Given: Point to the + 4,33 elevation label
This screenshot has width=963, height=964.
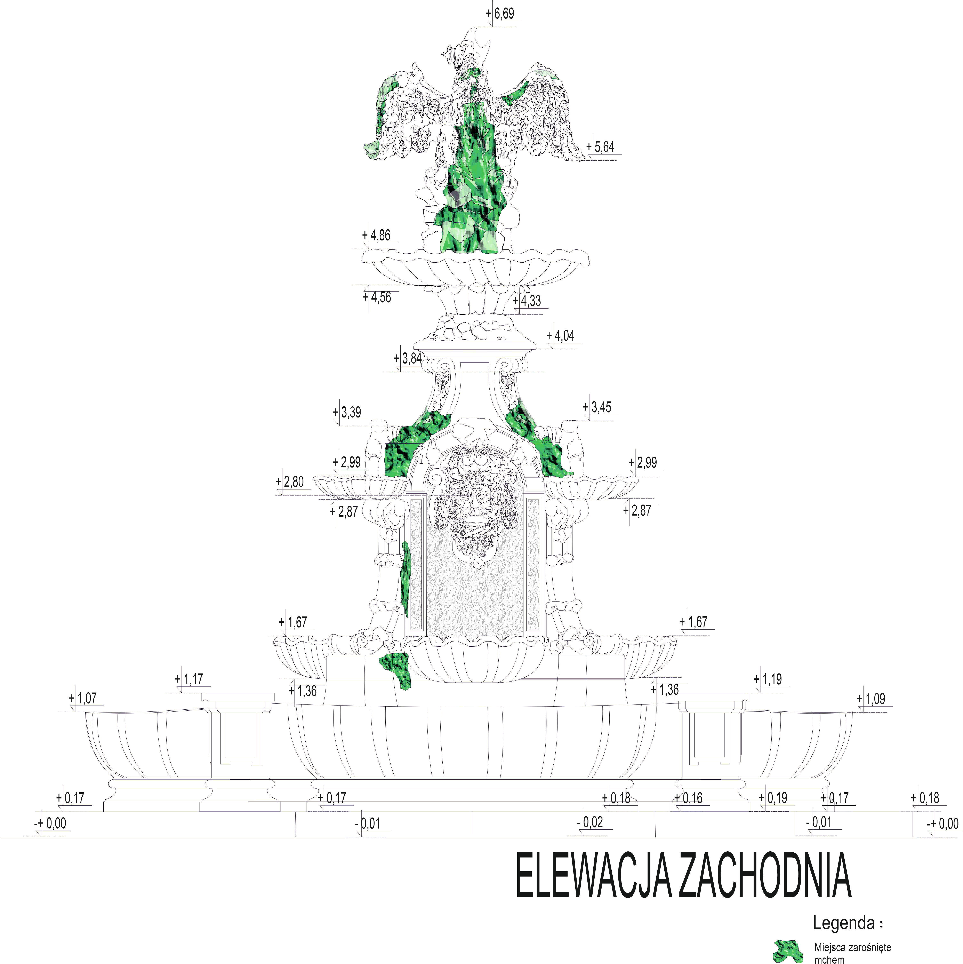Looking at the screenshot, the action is coord(527,301).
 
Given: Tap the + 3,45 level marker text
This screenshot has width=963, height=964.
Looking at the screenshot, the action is coord(597,407).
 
